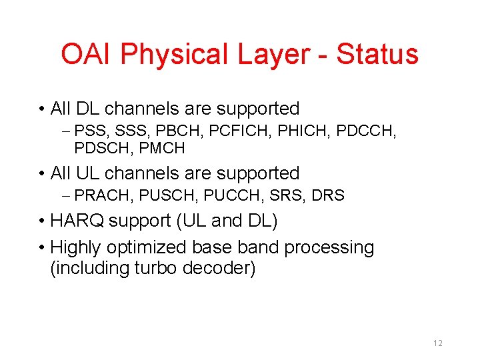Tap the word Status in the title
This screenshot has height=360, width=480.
tap(377, 54)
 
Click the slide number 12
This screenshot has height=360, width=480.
tap(438, 343)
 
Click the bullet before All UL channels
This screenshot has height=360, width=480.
tap(42, 173)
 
